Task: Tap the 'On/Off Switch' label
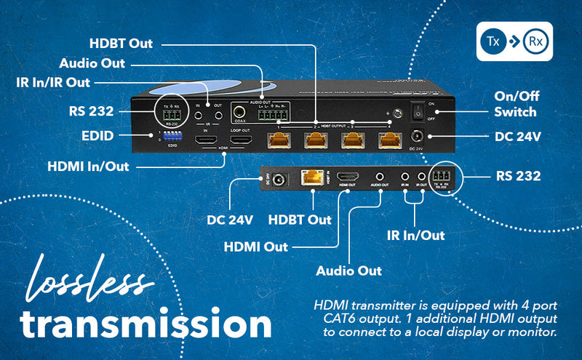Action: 514,104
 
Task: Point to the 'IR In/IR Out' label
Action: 53,82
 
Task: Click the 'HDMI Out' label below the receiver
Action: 255,247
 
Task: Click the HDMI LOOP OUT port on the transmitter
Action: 241,140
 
